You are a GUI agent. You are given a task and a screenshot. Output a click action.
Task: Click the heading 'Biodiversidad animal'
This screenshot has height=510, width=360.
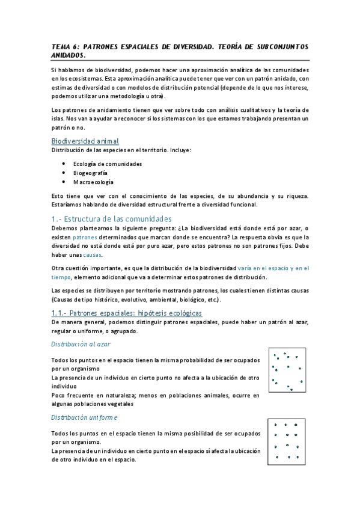(x=88, y=141)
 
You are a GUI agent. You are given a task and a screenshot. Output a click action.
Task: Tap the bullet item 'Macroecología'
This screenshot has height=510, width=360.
(x=93, y=182)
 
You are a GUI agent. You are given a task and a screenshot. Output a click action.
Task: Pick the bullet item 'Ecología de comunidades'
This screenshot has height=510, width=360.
(x=108, y=164)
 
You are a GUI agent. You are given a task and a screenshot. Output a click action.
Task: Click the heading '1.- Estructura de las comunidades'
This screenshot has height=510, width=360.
(x=112, y=219)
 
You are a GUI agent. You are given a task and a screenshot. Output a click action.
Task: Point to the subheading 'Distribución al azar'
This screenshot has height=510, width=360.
(x=80, y=344)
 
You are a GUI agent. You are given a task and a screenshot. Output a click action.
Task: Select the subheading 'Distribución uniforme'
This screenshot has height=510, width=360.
(x=84, y=417)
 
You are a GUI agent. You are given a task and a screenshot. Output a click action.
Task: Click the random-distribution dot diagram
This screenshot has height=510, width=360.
(x=287, y=371)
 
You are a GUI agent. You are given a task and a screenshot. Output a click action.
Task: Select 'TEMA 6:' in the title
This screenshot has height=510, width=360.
(x=64, y=46)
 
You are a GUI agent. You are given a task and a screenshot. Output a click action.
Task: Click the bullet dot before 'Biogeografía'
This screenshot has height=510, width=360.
(x=64, y=173)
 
